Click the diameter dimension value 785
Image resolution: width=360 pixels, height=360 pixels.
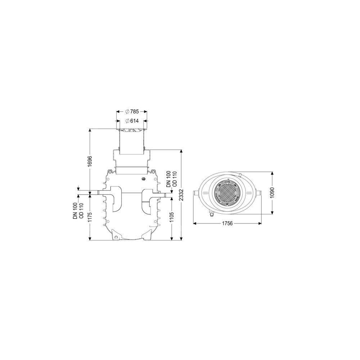point(134,112)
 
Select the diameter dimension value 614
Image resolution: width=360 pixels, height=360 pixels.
point(134,121)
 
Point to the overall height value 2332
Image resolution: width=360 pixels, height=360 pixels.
point(181,195)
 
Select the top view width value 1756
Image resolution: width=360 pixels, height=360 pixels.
point(227,223)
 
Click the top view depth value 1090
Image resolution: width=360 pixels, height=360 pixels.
point(273,193)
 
